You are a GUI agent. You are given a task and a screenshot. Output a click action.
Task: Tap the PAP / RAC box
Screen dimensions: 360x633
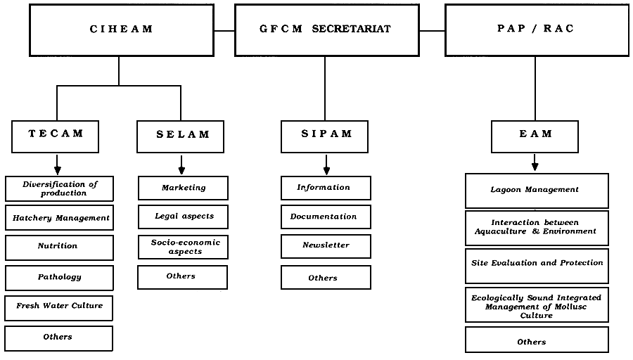[536, 30]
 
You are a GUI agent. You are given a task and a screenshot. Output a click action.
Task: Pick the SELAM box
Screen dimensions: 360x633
[182, 136]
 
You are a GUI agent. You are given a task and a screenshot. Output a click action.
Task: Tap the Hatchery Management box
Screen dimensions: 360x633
[59, 218]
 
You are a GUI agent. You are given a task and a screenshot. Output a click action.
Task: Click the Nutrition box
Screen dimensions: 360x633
[59, 247]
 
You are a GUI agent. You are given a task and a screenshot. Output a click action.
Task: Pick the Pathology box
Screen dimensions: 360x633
[59, 277]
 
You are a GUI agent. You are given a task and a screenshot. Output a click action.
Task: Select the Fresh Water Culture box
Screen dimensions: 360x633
[59, 307]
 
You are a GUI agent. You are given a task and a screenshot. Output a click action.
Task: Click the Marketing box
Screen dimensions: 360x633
[183, 188]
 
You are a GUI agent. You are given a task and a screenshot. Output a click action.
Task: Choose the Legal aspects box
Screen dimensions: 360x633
[183, 217]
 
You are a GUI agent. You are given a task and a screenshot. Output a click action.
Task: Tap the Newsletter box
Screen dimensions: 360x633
[326, 245]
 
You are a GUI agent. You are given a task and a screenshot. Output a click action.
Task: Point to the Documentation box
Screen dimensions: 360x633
[326, 217]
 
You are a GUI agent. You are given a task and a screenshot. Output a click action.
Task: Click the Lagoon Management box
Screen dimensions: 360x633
[536, 190]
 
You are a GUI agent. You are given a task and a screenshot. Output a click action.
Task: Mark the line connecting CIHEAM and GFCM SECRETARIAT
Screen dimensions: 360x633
[224, 31]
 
